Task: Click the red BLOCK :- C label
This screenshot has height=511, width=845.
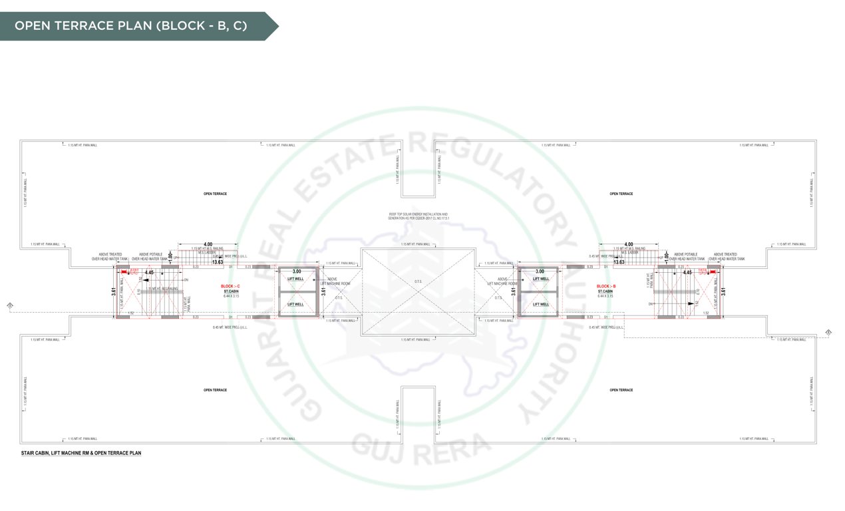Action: click(x=231, y=286)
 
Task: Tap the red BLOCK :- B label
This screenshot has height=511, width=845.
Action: click(x=606, y=286)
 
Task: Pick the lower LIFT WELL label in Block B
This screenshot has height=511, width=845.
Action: click(x=540, y=304)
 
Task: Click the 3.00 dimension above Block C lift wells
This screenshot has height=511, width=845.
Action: click(x=297, y=271)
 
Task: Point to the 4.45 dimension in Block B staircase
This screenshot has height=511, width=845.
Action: click(x=687, y=272)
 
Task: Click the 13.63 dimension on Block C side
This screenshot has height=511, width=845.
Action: click(x=218, y=262)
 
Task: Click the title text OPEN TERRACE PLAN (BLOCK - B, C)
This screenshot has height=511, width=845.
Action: click(x=131, y=26)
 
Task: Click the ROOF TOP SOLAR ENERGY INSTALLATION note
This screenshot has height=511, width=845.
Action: click(x=419, y=216)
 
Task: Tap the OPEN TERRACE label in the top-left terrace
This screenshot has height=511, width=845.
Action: click(x=215, y=194)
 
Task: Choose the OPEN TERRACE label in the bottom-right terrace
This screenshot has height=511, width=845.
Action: click(x=621, y=390)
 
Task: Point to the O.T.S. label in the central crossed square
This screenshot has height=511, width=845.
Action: click(x=419, y=281)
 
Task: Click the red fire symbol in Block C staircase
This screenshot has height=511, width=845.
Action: click(x=124, y=271)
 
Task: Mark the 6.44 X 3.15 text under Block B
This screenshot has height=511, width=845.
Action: click(x=606, y=295)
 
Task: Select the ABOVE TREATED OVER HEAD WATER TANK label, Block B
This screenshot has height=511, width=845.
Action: click(x=723, y=256)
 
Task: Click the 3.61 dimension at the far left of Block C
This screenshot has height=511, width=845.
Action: click(x=114, y=291)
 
